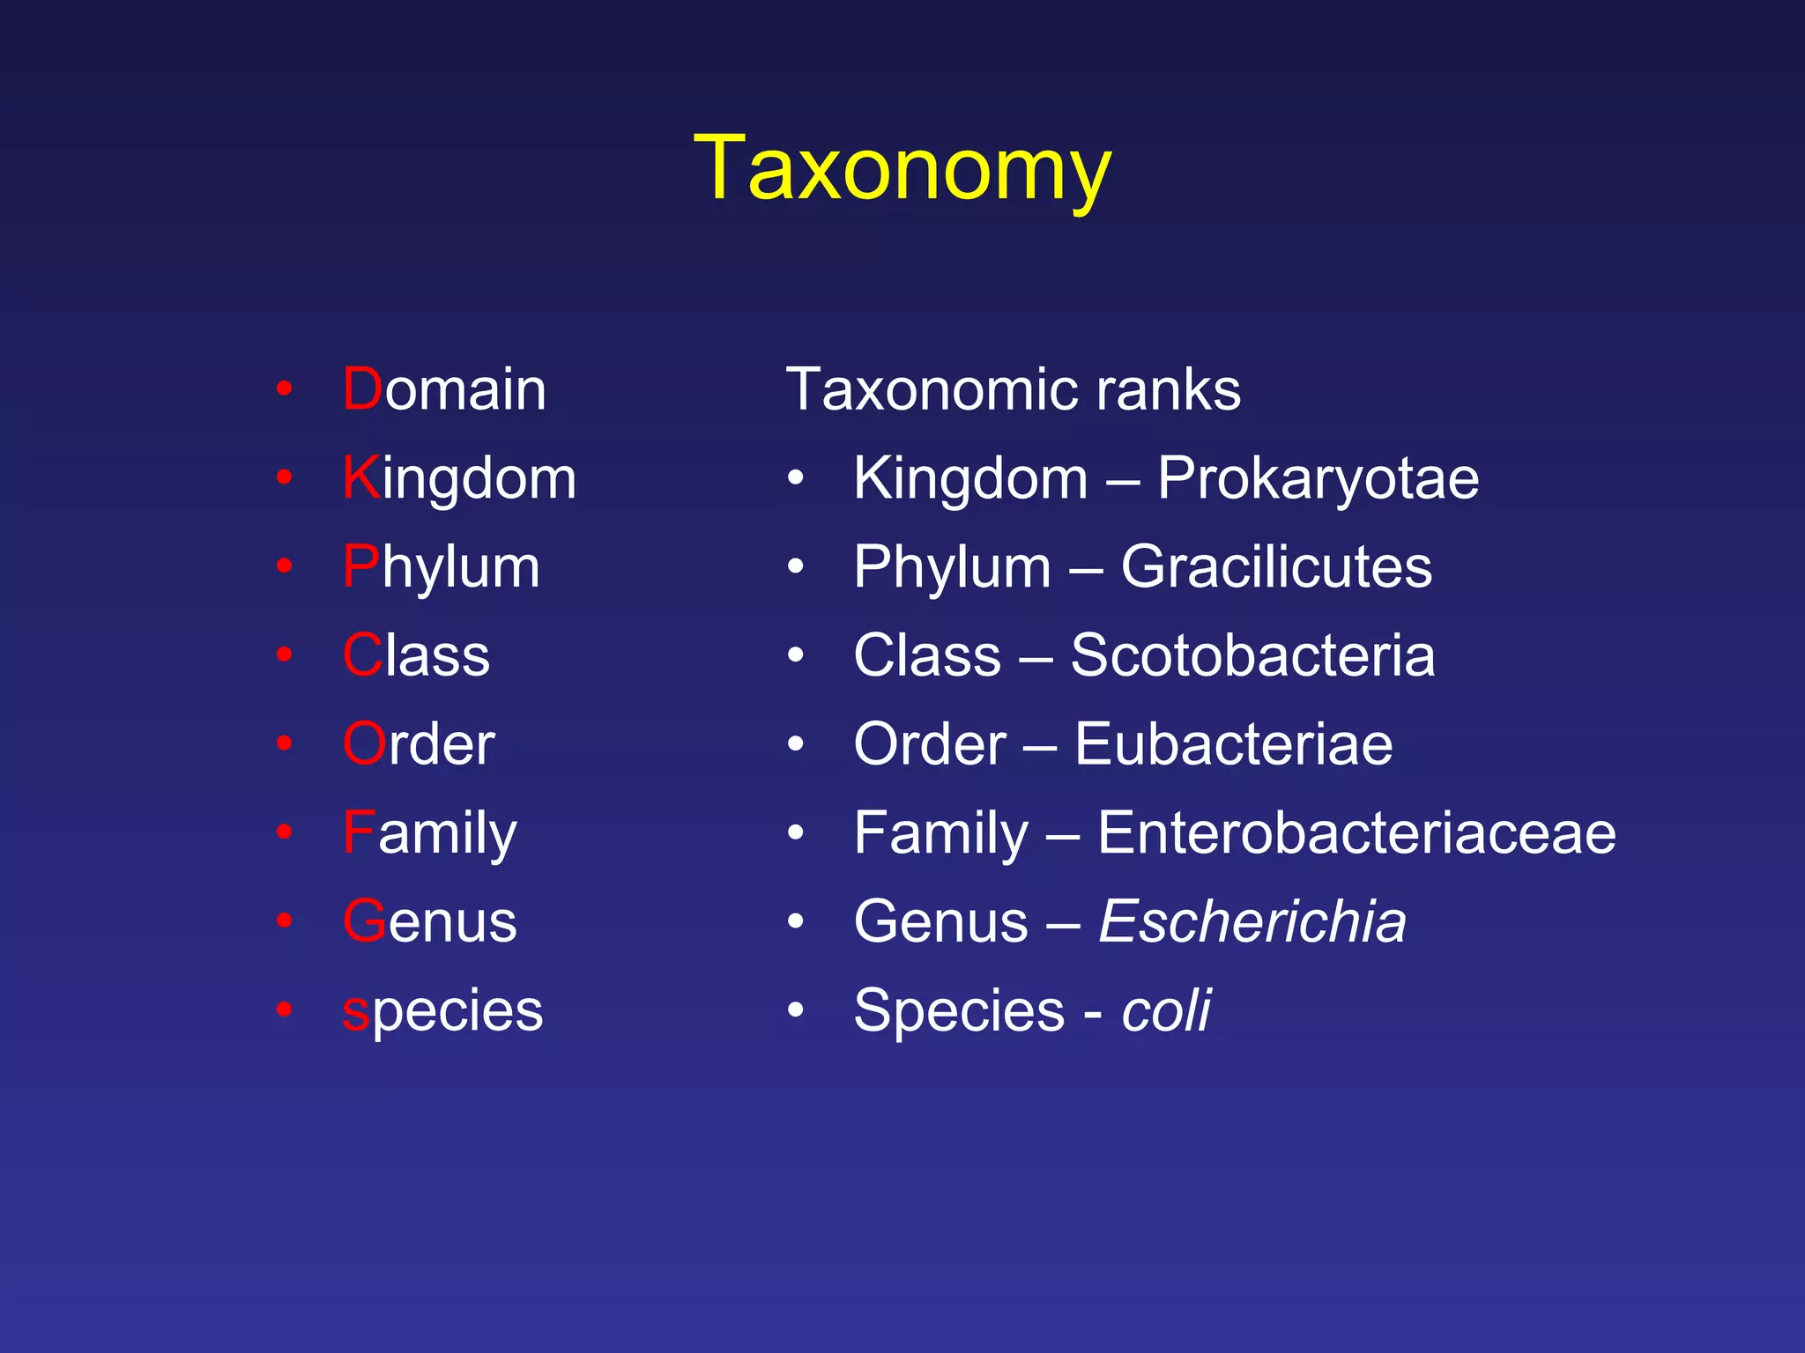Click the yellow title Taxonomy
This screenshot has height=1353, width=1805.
(902, 169)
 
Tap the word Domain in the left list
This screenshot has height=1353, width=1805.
(444, 389)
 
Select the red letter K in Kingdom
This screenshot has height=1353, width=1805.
(361, 478)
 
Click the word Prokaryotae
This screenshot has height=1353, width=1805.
(1318, 478)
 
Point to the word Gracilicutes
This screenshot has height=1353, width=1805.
(1276, 566)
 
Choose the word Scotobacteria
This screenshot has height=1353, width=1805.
(1252, 655)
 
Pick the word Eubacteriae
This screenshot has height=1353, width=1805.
(1233, 744)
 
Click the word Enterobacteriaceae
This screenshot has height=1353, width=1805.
(1356, 832)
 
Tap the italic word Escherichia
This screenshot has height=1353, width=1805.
(1252, 921)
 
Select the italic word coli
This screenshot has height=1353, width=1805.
(1166, 1010)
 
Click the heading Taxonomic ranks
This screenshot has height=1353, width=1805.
(1013, 389)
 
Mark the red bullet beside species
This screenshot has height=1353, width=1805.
(284, 1009)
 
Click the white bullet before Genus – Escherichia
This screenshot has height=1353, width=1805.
(796, 921)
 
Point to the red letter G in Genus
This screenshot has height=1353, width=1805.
(364, 921)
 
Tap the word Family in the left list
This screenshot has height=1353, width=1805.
(430, 832)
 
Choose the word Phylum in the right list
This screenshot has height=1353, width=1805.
(952, 566)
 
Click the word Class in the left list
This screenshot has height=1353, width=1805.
(416, 655)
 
